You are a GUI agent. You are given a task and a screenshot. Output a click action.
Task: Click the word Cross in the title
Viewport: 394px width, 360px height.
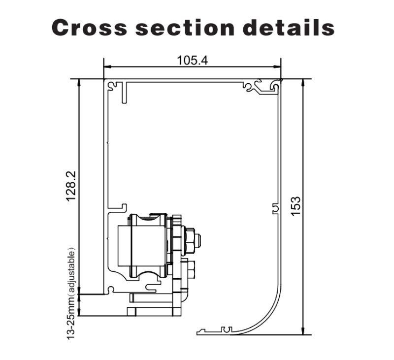click(89, 28)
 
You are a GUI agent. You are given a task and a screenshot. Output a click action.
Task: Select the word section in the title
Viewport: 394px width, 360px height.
click(185, 28)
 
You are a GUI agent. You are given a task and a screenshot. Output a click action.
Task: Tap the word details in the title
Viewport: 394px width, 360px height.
click(289, 27)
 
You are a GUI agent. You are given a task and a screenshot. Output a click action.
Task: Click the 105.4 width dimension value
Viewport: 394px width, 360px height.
click(193, 60)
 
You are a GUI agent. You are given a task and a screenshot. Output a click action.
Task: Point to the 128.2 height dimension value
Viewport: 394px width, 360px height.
click(71, 186)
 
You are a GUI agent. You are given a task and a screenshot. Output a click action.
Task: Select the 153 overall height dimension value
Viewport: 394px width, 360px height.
click(296, 206)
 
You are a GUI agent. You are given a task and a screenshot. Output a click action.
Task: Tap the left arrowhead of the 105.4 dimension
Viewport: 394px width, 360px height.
click(107, 67)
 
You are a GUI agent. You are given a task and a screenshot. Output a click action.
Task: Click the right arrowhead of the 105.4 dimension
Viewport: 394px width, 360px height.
click(277, 67)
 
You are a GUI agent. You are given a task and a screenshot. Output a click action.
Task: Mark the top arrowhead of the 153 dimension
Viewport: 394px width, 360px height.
click(303, 82)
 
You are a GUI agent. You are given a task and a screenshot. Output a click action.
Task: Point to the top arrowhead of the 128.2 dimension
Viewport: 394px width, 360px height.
click(79, 82)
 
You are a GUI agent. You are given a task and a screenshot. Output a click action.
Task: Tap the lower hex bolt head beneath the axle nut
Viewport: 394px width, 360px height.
click(191, 269)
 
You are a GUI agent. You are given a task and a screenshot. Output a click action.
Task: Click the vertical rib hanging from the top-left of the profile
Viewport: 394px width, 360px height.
click(124, 92)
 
